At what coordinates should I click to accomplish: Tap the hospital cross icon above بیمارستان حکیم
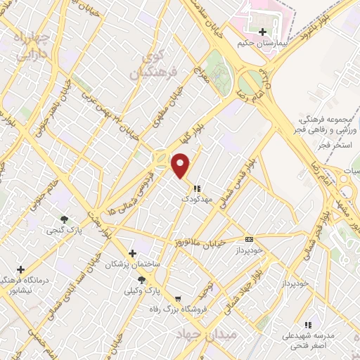[262, 32]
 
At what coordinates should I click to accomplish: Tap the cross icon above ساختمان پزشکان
[132, 252]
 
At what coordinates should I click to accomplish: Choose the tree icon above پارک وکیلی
[142, 279]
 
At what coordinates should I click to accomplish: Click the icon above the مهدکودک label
[197, 188]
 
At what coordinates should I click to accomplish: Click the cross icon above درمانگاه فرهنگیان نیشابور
[21, 269]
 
